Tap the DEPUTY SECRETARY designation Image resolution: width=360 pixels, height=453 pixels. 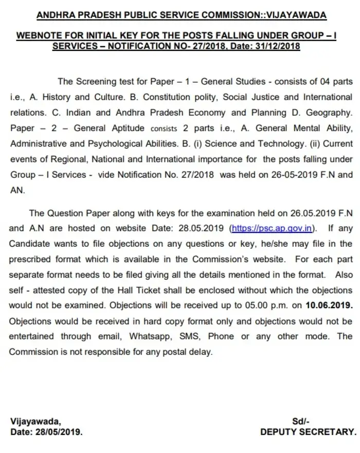308,432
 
